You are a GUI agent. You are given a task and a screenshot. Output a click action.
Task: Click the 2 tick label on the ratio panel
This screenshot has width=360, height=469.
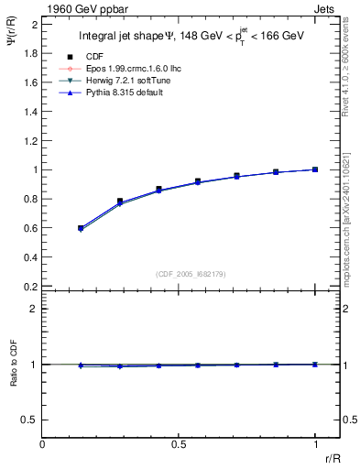[x=34, y=310]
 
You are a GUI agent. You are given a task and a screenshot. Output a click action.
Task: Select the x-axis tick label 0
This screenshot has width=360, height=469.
[x=42, y=444]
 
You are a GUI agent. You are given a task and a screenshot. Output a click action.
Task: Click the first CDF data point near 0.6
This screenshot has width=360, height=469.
[x=81, y=227]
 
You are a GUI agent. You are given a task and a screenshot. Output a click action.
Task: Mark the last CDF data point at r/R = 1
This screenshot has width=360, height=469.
[x=315, y=169]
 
